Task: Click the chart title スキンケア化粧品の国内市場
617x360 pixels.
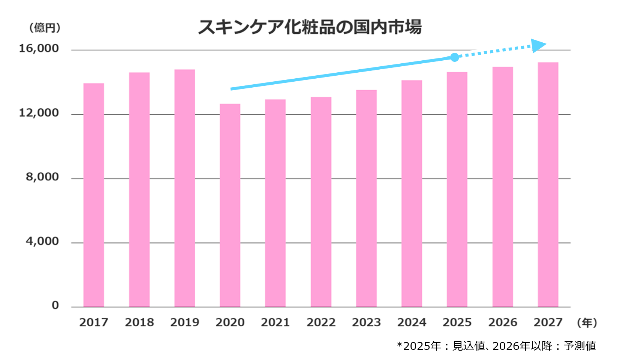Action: pos(310,27)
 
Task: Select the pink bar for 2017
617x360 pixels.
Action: pos(94,195)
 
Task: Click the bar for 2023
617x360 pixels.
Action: pos(366,199)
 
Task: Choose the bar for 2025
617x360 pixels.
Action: pos(457,190)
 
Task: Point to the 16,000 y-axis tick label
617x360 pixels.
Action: pos(39,49)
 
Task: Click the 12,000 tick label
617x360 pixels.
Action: pos(39,113)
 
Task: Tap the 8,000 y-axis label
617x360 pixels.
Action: pos(42,177)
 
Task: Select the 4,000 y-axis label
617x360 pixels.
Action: pos(42,242)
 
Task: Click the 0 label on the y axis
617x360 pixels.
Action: pos(55,306)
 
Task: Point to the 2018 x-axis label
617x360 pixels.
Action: pos(139,323)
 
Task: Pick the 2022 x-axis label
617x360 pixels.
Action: pos(321,323)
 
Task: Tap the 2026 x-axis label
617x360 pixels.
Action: pos(503,323)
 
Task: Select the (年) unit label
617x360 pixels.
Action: pos(587,323)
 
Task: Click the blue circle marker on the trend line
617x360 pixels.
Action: pos(454,57)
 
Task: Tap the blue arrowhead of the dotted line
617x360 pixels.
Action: pos(539,45)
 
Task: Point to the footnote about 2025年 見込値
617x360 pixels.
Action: pos(496,346)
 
